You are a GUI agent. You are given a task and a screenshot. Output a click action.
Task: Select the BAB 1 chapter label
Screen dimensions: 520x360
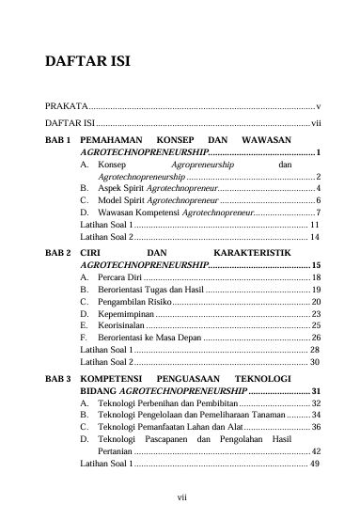(58, 138)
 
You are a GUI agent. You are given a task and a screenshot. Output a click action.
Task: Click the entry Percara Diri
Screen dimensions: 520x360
(119, 280)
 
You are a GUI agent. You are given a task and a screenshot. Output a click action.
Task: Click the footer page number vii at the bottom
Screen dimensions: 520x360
(180, 497)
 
